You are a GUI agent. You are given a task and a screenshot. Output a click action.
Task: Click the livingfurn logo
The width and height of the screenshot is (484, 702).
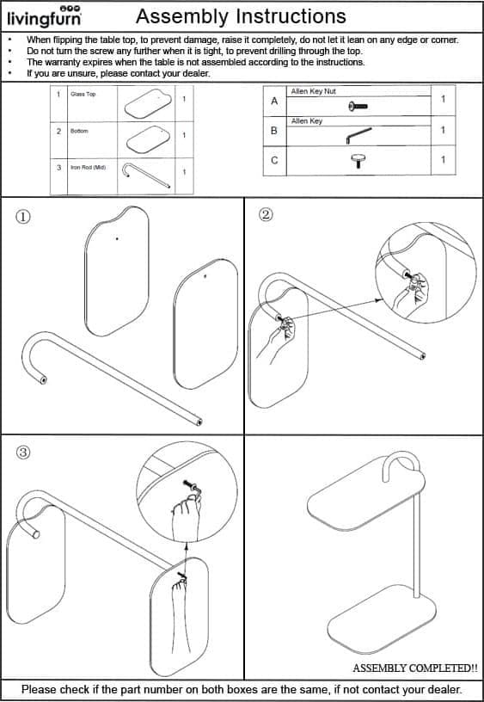45,16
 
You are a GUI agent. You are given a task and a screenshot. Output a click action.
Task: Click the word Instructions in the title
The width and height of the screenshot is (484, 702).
294,16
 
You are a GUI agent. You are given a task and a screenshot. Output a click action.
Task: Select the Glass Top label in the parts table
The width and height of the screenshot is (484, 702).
83,94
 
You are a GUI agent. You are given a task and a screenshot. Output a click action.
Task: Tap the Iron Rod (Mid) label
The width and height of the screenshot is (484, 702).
89,168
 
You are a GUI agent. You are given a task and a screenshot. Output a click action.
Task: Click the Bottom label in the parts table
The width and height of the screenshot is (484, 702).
79,131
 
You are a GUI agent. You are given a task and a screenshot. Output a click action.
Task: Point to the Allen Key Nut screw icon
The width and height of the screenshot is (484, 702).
358,107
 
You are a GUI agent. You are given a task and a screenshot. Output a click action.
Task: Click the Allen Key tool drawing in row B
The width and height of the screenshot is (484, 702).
358,135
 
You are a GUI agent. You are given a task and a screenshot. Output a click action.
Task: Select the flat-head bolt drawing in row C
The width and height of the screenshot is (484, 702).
358,161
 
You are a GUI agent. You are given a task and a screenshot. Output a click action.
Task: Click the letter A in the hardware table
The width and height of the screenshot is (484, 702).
274,102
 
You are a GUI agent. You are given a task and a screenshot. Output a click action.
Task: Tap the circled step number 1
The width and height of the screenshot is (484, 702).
23,217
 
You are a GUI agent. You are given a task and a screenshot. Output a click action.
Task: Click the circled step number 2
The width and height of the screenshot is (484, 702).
266,215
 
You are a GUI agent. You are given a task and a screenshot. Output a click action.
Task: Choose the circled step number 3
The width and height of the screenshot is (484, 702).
23,453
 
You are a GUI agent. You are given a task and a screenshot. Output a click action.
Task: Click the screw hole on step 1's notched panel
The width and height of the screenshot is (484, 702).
117,238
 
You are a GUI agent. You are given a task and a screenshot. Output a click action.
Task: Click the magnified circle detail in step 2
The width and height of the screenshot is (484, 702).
426,272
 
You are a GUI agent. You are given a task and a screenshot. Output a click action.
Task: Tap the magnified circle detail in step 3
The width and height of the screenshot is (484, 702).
187,492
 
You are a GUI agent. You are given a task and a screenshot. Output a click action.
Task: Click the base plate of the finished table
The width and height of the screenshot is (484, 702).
382,619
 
